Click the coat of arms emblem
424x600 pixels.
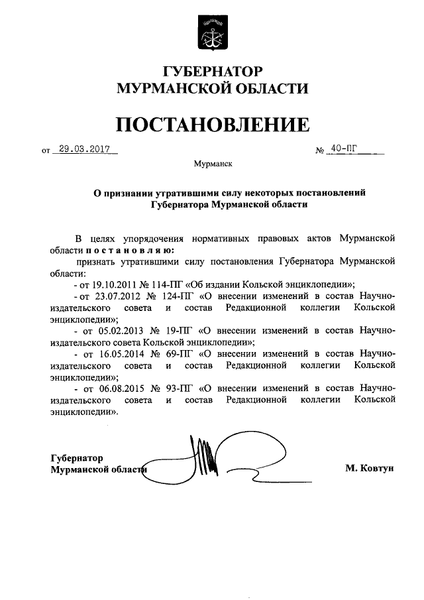(x=211, y=34)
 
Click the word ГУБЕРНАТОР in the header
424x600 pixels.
(x=212, y=71)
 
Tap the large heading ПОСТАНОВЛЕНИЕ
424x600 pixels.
(x=212, y=124)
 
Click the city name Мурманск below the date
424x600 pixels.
(x=213, y=162)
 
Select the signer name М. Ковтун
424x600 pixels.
(x=369, y=468)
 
